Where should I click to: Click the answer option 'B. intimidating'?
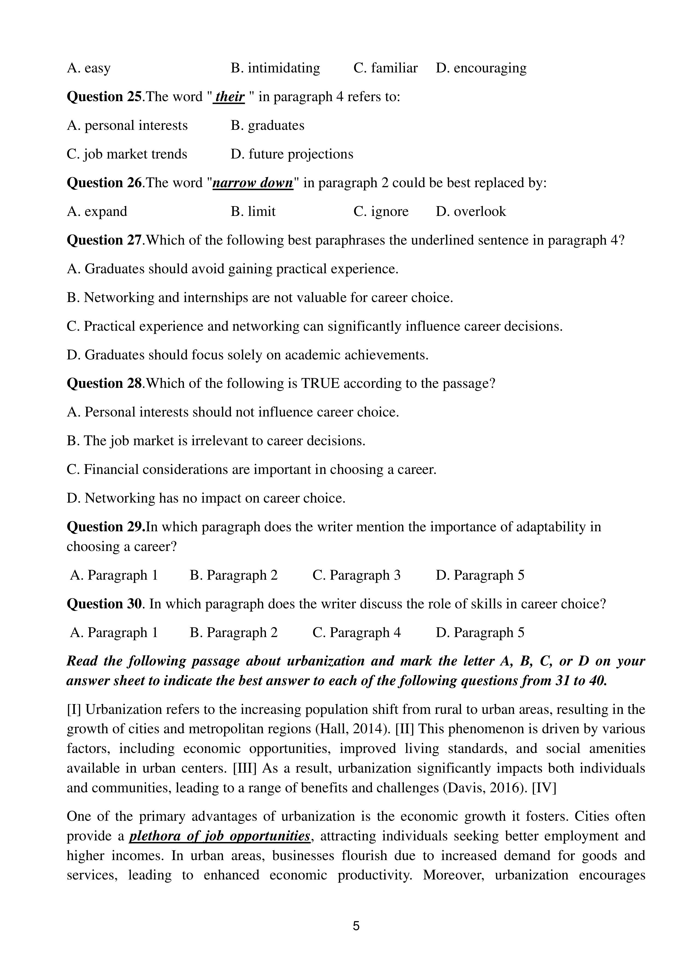tap(275, 68)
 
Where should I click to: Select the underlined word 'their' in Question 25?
tap(229, 97)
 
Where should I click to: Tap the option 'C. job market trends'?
tap(127, 154)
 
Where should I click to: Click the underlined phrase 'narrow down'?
tap(253, 183)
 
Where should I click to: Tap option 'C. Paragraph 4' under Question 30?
tap(356, 633)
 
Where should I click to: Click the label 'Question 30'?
tap(104, 604)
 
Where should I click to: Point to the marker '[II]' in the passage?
tap(404, 729)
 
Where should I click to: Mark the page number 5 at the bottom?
tap(356, 926)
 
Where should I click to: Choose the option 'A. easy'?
tap(89, 68)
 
